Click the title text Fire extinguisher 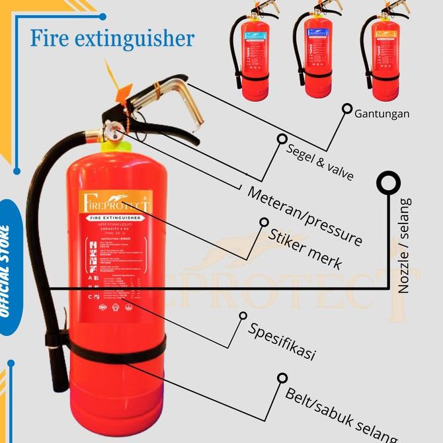[112, 38]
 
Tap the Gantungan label [382, 114]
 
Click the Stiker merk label [305, 249]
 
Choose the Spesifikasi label [282, 341]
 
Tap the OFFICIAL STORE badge [7, 271]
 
